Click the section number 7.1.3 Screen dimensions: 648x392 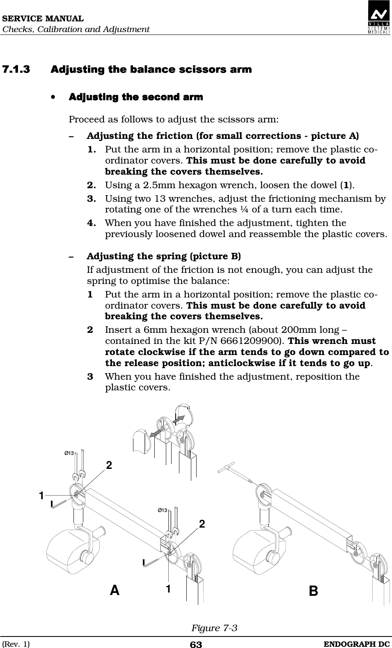tap(16, 69)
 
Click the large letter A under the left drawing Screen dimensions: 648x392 tap(115, 590)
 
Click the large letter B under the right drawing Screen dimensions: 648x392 tap(313, 591)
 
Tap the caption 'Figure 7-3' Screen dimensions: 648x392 tap(214, 628)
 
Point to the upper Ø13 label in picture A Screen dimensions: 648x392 tap(69, 453)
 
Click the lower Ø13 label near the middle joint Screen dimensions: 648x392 tap(163, 510)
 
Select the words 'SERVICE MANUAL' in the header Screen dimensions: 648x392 tap(42, 19)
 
